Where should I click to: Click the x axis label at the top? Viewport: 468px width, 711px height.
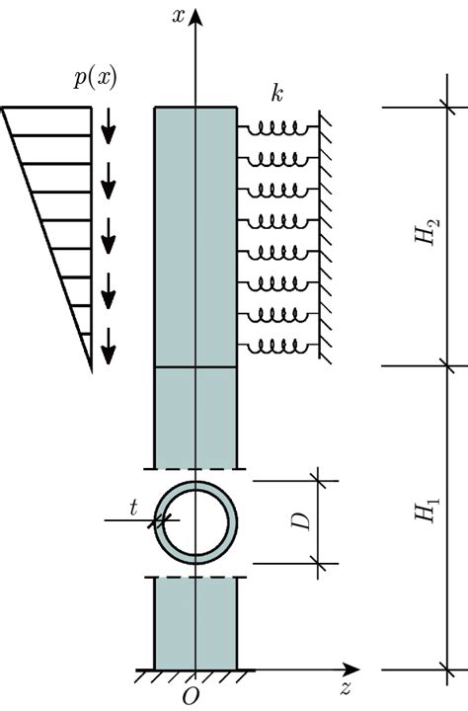179,16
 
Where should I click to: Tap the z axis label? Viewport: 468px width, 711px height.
346,688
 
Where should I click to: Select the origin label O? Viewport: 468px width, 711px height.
191,696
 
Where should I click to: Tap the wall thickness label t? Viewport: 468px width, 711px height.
133,509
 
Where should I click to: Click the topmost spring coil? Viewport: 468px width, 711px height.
277,127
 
